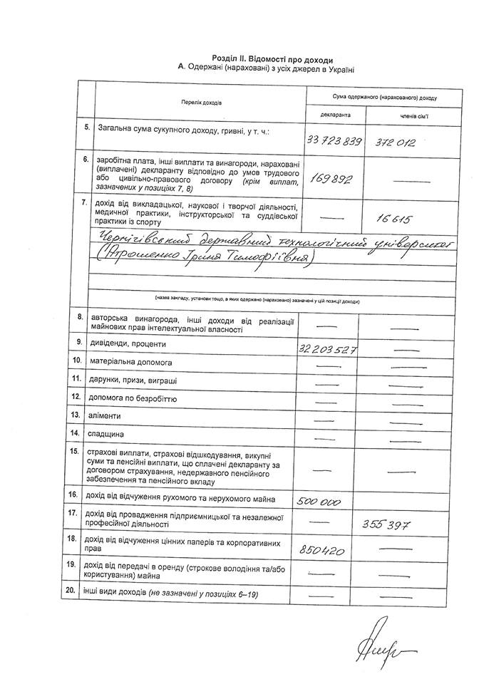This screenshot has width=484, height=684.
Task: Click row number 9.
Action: click(x=86, y=343)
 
